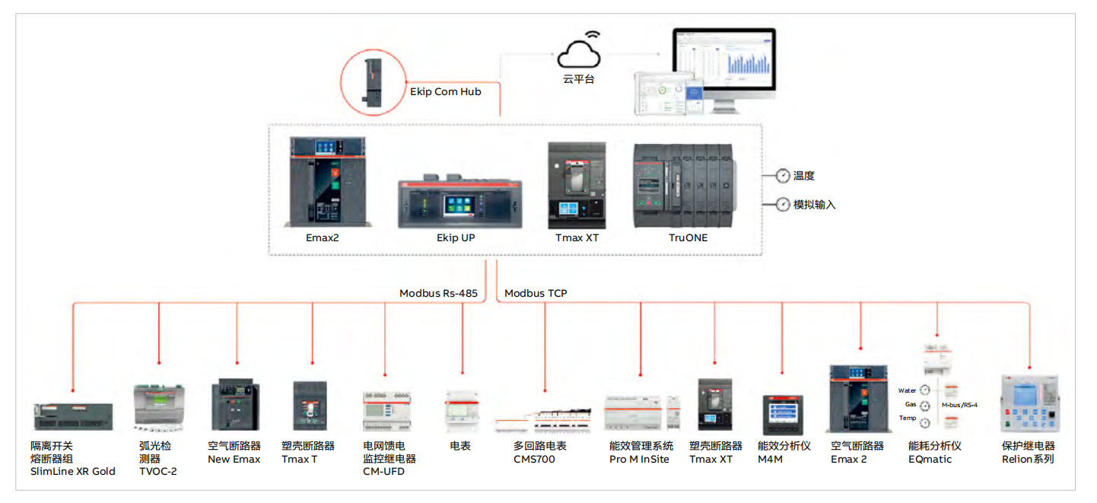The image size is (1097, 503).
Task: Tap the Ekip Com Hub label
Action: tap(446, 92)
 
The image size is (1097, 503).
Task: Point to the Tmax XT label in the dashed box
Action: tap(577, 237)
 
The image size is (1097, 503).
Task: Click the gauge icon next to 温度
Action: tap(782, 176)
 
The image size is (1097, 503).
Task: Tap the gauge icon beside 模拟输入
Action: tap(782, 204)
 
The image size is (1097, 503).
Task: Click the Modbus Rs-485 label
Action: tap(438, 293)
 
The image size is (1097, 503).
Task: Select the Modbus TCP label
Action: tap(536, 293)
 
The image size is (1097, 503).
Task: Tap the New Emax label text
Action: tap(234, 460)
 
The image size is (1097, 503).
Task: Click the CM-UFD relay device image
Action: tap(385, 412)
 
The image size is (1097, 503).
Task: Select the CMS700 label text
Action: tap(534, 460)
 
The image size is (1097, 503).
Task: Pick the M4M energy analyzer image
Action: tap(783, 415)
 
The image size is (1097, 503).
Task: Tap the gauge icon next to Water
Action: tap(925, 390)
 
